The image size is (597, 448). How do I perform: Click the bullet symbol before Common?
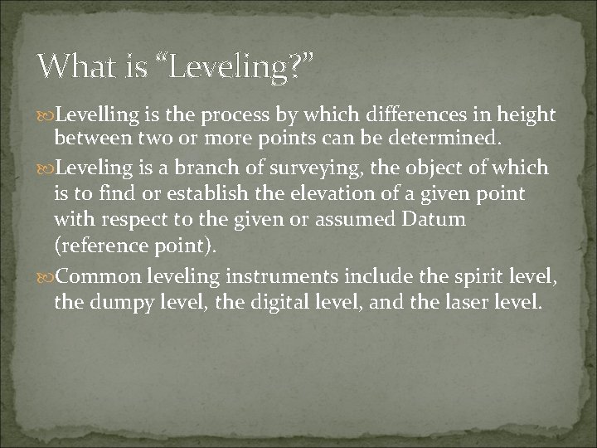[46, 276]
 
